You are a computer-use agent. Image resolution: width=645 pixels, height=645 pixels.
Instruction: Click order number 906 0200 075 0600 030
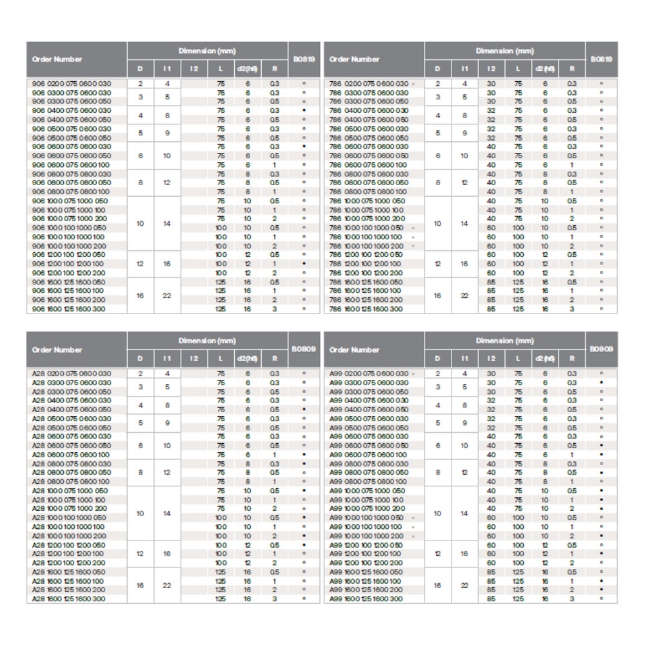coord(72,84)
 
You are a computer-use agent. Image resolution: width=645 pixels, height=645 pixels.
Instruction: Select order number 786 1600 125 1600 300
coord(366,309)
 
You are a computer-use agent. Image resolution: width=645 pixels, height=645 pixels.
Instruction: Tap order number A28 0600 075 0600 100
coord(72,455)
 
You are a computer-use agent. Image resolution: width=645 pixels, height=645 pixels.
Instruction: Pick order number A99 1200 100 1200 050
coord(366,545)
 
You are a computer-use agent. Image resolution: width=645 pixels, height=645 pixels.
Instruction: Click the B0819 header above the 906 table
coord(304,59)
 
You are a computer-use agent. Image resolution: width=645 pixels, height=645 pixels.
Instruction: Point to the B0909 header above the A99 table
coord(601,349)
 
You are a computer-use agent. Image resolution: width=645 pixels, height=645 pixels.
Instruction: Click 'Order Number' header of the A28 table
coord(57,350)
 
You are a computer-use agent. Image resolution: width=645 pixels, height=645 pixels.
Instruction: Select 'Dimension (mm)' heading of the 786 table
coord(505,50)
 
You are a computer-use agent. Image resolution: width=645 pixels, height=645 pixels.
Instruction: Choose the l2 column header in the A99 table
coord(491,359)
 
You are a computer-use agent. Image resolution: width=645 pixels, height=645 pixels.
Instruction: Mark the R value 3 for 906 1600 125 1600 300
coord(274,309)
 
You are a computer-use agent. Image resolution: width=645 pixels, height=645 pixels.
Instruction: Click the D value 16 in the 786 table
coord(438,295)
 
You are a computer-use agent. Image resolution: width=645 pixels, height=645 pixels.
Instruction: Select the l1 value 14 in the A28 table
coord(167,513)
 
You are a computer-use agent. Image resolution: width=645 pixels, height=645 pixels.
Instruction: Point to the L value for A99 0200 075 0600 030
coord(518,373)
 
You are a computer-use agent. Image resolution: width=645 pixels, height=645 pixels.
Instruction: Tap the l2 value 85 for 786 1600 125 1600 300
coord(491,309)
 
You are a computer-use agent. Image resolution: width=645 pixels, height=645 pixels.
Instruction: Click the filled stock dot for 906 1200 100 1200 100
coord(304,264)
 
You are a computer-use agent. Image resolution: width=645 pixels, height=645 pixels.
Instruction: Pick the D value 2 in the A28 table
coord(141,373)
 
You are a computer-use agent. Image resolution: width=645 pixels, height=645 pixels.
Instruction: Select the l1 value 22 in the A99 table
coord(464,585)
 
